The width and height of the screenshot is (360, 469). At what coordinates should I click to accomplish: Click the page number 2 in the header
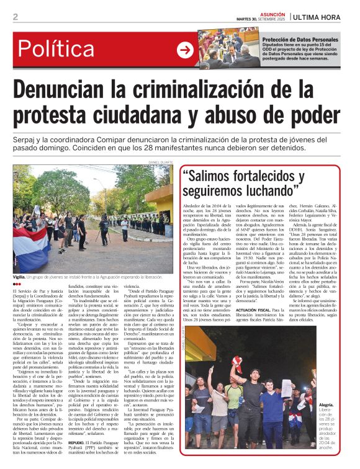point(15,17)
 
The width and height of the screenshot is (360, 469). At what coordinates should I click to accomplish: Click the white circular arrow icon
point(185,50)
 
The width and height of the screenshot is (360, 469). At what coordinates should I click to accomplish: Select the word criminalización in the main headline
point(219,91)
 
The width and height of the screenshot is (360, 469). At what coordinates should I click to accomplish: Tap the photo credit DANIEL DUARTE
point(160,163)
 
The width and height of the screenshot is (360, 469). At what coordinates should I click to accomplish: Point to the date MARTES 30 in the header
point(248,19)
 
